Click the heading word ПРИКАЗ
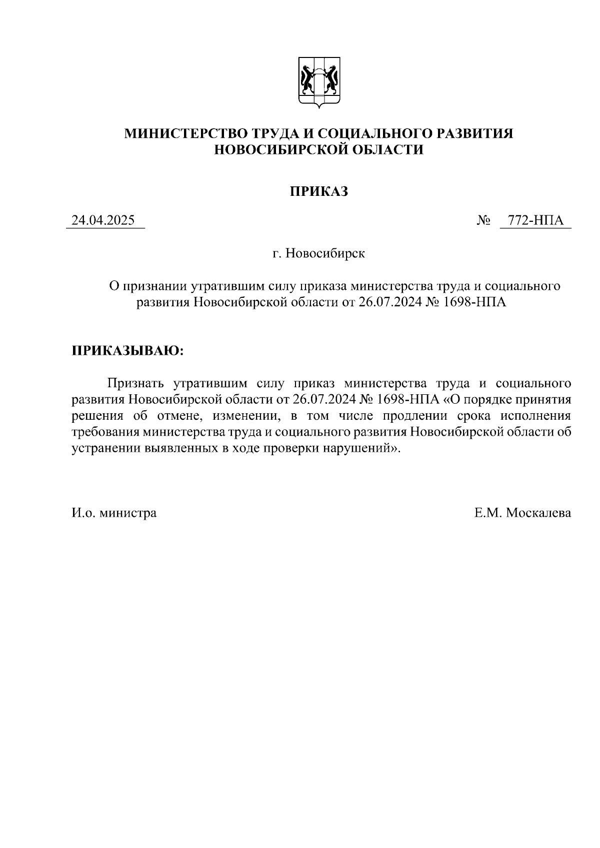tap(319, 191)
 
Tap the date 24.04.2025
tap(103, 220)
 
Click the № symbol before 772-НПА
tap(484, 221)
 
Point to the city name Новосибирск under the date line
tap(325, 253)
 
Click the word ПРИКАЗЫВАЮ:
tap(128, 350)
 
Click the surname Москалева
tap(538, 513)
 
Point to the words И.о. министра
tap(114, 513)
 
